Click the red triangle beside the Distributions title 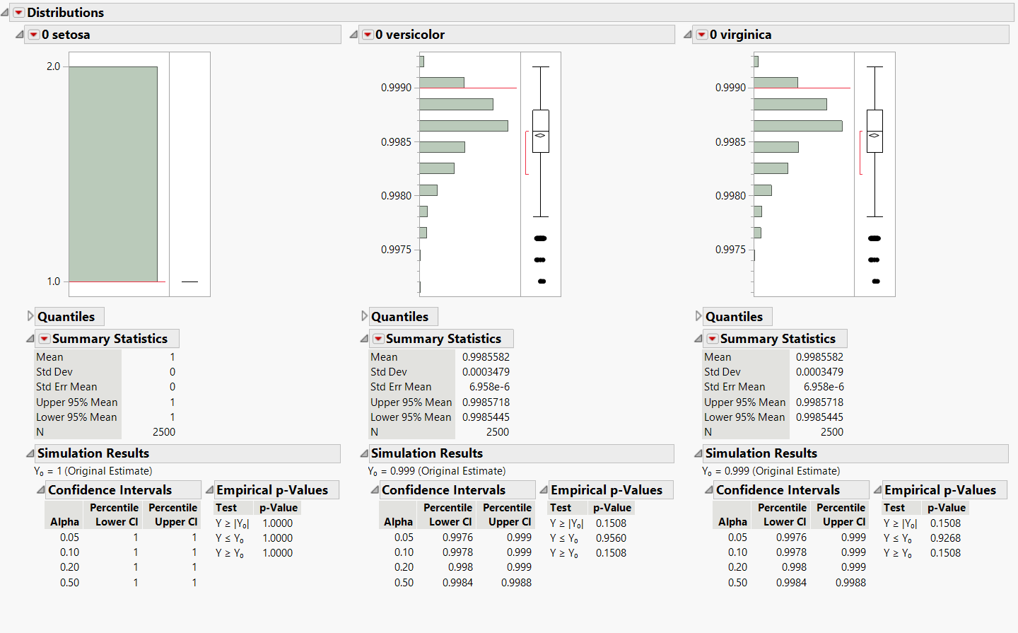(x=19, y=13)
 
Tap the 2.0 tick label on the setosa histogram (x=53, y=66)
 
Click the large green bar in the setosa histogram (x=113, y=174)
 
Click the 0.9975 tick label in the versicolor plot (x=396, y=250)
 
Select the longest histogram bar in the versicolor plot (x=463, y=126)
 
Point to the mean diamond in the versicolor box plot (x=540, y=135)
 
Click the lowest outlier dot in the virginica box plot (x=876, y=281)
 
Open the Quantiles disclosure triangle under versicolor (x=365, y=316)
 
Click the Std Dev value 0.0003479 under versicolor (x=486, y=372)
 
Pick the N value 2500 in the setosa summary (x=164, y=432)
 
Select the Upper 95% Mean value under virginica (x=819, y=402)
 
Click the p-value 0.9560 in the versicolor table (x=611, y=538)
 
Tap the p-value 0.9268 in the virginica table (x=945, y=538)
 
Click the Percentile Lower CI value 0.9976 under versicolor (x=457, y=538)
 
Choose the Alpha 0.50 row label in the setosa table (x=69, y=583)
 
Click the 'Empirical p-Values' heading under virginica (x=940, y=490)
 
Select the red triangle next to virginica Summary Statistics (x=713, y=339)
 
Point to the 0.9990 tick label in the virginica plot (x=730, y=88)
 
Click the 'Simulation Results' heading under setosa (x=93, y=453)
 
